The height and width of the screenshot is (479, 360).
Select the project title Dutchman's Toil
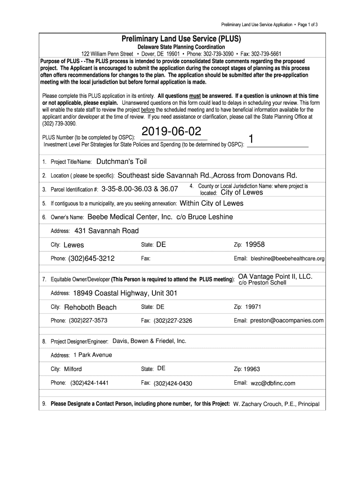pos(121,161)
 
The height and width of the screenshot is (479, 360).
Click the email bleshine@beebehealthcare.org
pos(288,258)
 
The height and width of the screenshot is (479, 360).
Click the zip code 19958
pos(255,244)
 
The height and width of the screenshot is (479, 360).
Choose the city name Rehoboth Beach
pos(90,307)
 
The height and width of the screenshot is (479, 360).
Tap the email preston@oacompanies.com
pos(287,320)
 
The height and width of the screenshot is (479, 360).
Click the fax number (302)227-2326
pos(173,321)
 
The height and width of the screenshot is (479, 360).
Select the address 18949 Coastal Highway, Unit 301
pos(125,293)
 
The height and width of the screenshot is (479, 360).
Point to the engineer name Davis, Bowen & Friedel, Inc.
pos(149,341)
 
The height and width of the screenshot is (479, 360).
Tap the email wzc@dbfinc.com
pos(273,383)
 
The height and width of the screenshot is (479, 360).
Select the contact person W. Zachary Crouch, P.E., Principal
pos(276,404)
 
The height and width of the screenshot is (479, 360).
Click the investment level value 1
pos(251,139)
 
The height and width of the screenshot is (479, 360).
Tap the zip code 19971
pos(253,307)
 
